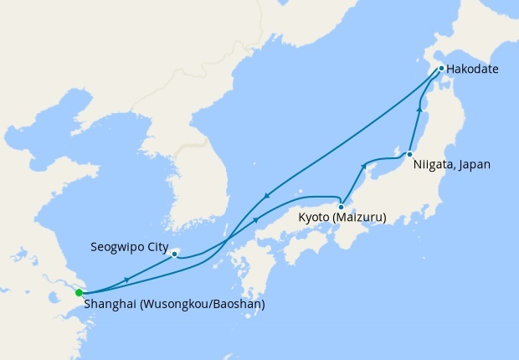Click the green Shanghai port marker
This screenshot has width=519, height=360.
(x=78, y=292)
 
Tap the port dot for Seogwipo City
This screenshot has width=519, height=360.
(x=174, y=252)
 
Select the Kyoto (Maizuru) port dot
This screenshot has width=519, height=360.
(x=342, y=206)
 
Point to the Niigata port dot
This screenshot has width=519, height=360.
(x=409, y=155)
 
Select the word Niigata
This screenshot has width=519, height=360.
(x=433, y=165)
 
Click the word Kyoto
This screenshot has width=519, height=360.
(x=314, y=219)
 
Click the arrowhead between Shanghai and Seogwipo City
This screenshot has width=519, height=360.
(x=126, y=279)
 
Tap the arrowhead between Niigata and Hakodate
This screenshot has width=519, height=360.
(x=419, y=110)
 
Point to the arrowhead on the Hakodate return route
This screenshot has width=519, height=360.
(x=266, y=197)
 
